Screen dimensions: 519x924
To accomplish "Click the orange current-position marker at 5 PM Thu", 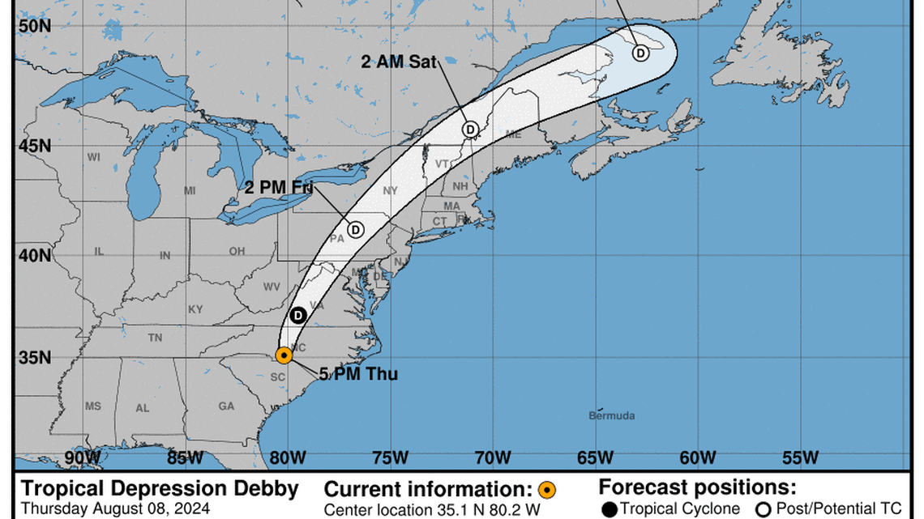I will click(284, 355).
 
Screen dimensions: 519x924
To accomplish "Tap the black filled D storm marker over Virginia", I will click(298, 315).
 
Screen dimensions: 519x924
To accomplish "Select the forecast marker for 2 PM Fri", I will click(355, 229).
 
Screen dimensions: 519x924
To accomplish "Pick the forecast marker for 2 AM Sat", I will click(470, 129).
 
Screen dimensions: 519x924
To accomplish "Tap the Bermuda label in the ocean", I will click(612, 416).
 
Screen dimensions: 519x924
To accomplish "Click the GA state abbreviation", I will click(226, 406).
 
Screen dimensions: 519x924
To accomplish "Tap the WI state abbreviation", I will click(93, 157).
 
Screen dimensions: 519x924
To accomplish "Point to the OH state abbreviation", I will click(237, 252).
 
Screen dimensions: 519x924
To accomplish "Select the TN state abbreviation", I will click(155, 338).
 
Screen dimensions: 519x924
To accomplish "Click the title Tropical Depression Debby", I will click(160, 489).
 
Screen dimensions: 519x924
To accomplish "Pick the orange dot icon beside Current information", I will click(547, 490).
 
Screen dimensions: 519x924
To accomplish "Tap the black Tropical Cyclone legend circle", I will click(609, 509).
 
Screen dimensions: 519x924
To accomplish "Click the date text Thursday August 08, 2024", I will click(115, 509).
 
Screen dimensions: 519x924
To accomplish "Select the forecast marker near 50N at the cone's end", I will click(640, 53).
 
